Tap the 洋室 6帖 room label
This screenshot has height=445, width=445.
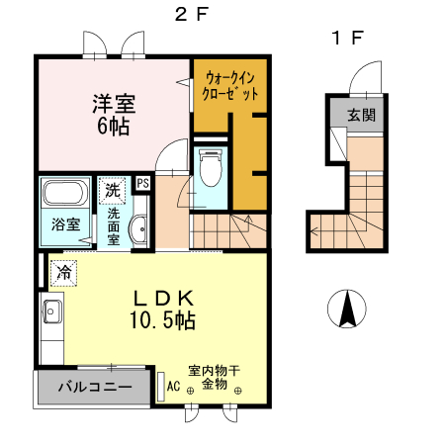pos(115,113)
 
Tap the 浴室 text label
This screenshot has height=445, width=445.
pos(66,223)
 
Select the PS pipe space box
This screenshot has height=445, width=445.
pos(143,183)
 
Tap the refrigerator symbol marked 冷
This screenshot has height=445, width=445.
pos(64,271)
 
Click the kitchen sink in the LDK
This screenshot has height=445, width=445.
pos(51,315)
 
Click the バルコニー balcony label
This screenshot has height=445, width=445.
pos(94,387)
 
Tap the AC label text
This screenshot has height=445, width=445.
pos(173,387)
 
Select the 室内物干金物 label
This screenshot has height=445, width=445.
pos(215,376)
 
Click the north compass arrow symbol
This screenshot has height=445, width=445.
pos(347,309)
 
